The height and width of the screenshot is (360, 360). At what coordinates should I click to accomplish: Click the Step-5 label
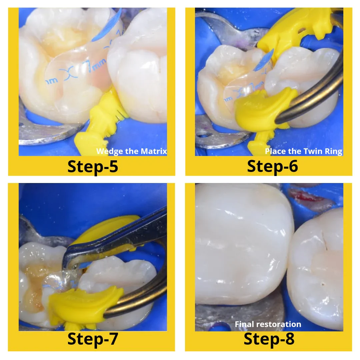coord(92,166)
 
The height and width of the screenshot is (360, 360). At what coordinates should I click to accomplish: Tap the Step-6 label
coord(272,166)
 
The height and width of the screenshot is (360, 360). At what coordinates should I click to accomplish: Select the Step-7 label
coord(92,339)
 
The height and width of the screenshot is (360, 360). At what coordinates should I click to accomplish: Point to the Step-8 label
coord(269,339)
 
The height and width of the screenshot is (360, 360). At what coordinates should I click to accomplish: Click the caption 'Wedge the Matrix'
coord(131,151)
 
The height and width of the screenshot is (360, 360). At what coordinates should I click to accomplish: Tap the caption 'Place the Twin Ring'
coord(303,151)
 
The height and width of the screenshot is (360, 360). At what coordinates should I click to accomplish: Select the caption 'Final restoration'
coord(268,324)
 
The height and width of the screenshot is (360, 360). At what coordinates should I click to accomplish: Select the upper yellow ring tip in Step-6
coord(293,30)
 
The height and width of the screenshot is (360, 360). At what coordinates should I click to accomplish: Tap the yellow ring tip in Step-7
coord(83,305)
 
